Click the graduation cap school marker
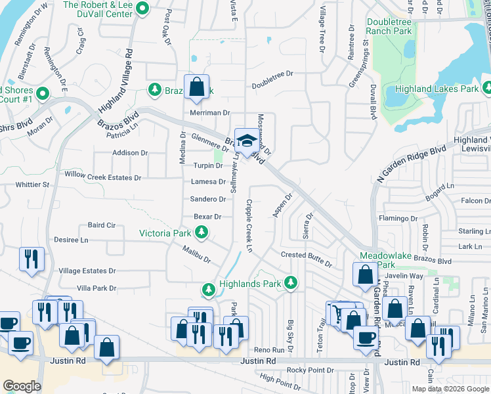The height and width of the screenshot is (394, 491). pyautogui.click(x=246, y=141)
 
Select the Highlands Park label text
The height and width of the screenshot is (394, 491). pyautogui.click(x=249, y=283)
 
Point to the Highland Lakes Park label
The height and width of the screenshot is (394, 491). pyautogui.click(x=437, y=89)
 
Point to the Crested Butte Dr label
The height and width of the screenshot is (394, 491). pyautogui.click(x=307, y=259)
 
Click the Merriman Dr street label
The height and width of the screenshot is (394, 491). pyautogui.click(x=210, y=113)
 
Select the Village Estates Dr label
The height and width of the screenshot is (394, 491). pyautogui.click(x=87, y=271)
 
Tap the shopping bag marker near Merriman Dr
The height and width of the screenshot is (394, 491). pyautogui.click(x=196, y=87)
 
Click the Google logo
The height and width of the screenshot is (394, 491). pyautogui.click(x=22, y=385)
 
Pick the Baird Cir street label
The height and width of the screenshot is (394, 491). pyautogui.click(x=102, y=225)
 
